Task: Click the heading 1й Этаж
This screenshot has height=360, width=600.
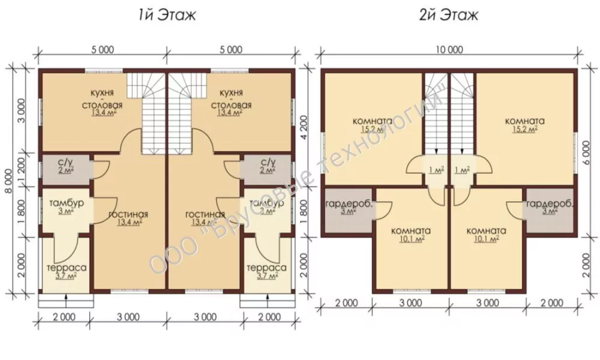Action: tap(167, 16)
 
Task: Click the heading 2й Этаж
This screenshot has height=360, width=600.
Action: tap(448, 16)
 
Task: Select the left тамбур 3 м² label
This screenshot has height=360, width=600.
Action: tap(67, 207)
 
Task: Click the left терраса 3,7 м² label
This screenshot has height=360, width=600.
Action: tap(66, 271)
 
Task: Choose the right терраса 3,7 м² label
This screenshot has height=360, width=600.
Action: tap(267, 271)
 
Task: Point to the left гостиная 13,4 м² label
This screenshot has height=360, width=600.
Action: tap(128, 218)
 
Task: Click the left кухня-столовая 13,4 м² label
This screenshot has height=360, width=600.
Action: tap(104, 103)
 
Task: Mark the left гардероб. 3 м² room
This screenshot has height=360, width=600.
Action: tap(347, 211)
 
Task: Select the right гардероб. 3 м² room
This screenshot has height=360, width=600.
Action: tap(550, 211)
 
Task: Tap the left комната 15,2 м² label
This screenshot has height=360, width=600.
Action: tap(373, 125)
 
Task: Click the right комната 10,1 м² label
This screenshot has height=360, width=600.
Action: tap(487, 235)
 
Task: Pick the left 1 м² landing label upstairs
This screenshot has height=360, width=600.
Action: tap(437, 170)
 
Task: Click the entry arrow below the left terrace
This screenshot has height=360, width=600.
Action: tap(66, 300)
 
